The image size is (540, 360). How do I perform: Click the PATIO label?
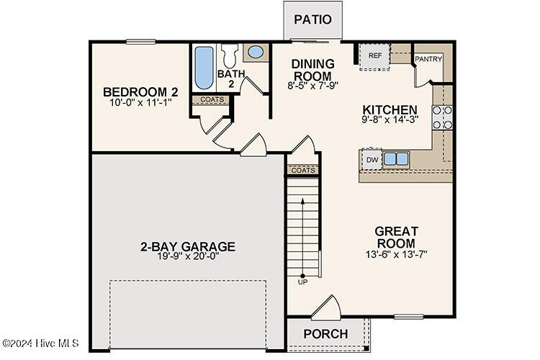tap(313, 19)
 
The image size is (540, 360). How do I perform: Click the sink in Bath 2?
tap(255, 52)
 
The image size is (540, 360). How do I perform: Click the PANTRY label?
tap(428, 59)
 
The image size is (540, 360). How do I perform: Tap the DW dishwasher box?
tap(372, 159)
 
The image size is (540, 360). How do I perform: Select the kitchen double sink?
tap(396, 158)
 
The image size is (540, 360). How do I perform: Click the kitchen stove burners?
tap(442, 117)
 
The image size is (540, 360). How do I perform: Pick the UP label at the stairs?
tap(302, 282)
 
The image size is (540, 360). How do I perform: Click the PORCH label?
tap(325, 334)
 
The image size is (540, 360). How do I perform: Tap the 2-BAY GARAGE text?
tap(187, 246)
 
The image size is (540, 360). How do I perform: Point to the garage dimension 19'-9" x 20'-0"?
tap(187, 257)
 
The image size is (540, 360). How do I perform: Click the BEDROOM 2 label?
tap(140, 91)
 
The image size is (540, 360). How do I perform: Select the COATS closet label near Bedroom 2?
tap(212, 100)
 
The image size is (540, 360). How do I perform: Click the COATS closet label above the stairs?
tap(303, 171)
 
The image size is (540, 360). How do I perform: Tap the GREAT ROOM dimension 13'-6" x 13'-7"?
tap(396, 254)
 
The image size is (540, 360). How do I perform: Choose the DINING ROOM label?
tap(312, 70)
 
